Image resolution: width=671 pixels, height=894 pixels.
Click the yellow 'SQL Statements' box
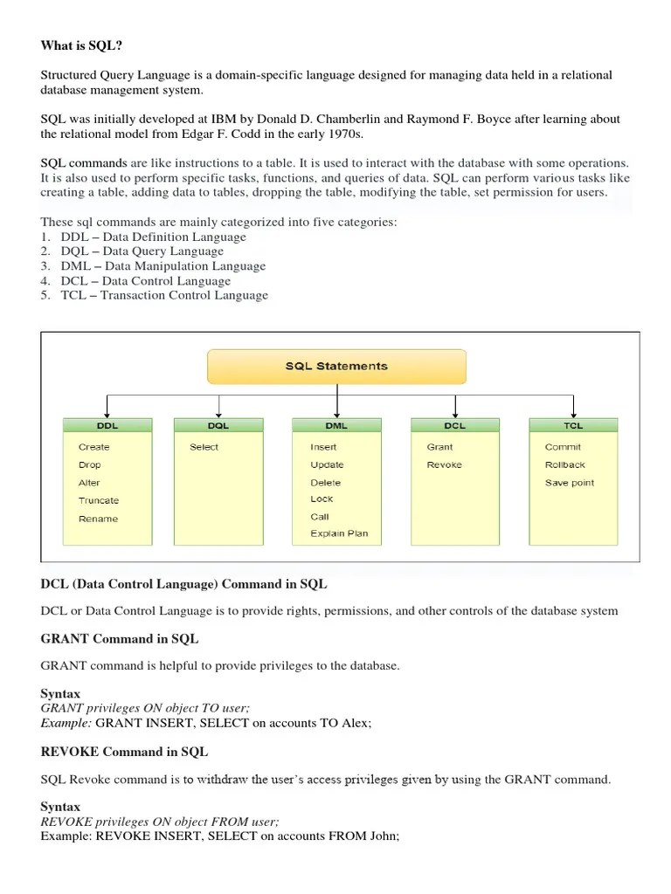pos(336,367)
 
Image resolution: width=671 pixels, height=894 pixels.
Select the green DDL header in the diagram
pos(107,425)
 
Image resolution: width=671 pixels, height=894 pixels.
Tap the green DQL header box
pos(218,425)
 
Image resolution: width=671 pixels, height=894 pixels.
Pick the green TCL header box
pos(573,425)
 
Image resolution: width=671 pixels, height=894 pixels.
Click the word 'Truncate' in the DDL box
pos(98,500)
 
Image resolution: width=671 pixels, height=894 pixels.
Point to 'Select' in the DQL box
pos(204,447)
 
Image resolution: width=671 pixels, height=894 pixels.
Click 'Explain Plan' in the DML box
pos(339,533)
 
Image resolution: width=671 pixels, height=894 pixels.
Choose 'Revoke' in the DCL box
pos(444,464)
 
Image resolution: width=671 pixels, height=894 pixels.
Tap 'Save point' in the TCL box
pos(569,483)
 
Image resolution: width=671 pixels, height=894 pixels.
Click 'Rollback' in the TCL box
pos(564,464)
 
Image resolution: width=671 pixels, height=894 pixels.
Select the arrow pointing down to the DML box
pos(336,406)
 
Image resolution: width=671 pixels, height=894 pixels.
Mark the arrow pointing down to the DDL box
pos(107,406)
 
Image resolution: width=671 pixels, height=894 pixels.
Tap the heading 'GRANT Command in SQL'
pos(120,638)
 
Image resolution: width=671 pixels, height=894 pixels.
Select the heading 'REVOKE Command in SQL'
pos(124,751)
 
